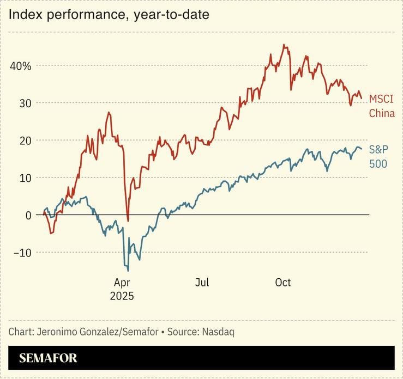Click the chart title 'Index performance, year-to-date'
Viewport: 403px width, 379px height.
(109, 15)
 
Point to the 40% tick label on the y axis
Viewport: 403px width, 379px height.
(21, 66)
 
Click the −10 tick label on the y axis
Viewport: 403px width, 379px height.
(22, 253)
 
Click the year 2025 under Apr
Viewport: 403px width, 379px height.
(122, 296)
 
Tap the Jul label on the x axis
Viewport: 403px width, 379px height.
(202, 283)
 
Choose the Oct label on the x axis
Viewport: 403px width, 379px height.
(282, 283)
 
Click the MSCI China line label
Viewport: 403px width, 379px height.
(381, 106)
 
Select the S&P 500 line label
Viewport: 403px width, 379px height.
(379, 156)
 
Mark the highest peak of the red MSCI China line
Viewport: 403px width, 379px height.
(284, 45)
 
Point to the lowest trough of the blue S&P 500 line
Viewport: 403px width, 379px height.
(128, 271)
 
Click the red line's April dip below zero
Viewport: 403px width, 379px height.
(128, 221)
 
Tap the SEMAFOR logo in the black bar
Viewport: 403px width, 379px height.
(48, 358)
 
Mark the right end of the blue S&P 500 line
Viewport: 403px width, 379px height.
(361, 149)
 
